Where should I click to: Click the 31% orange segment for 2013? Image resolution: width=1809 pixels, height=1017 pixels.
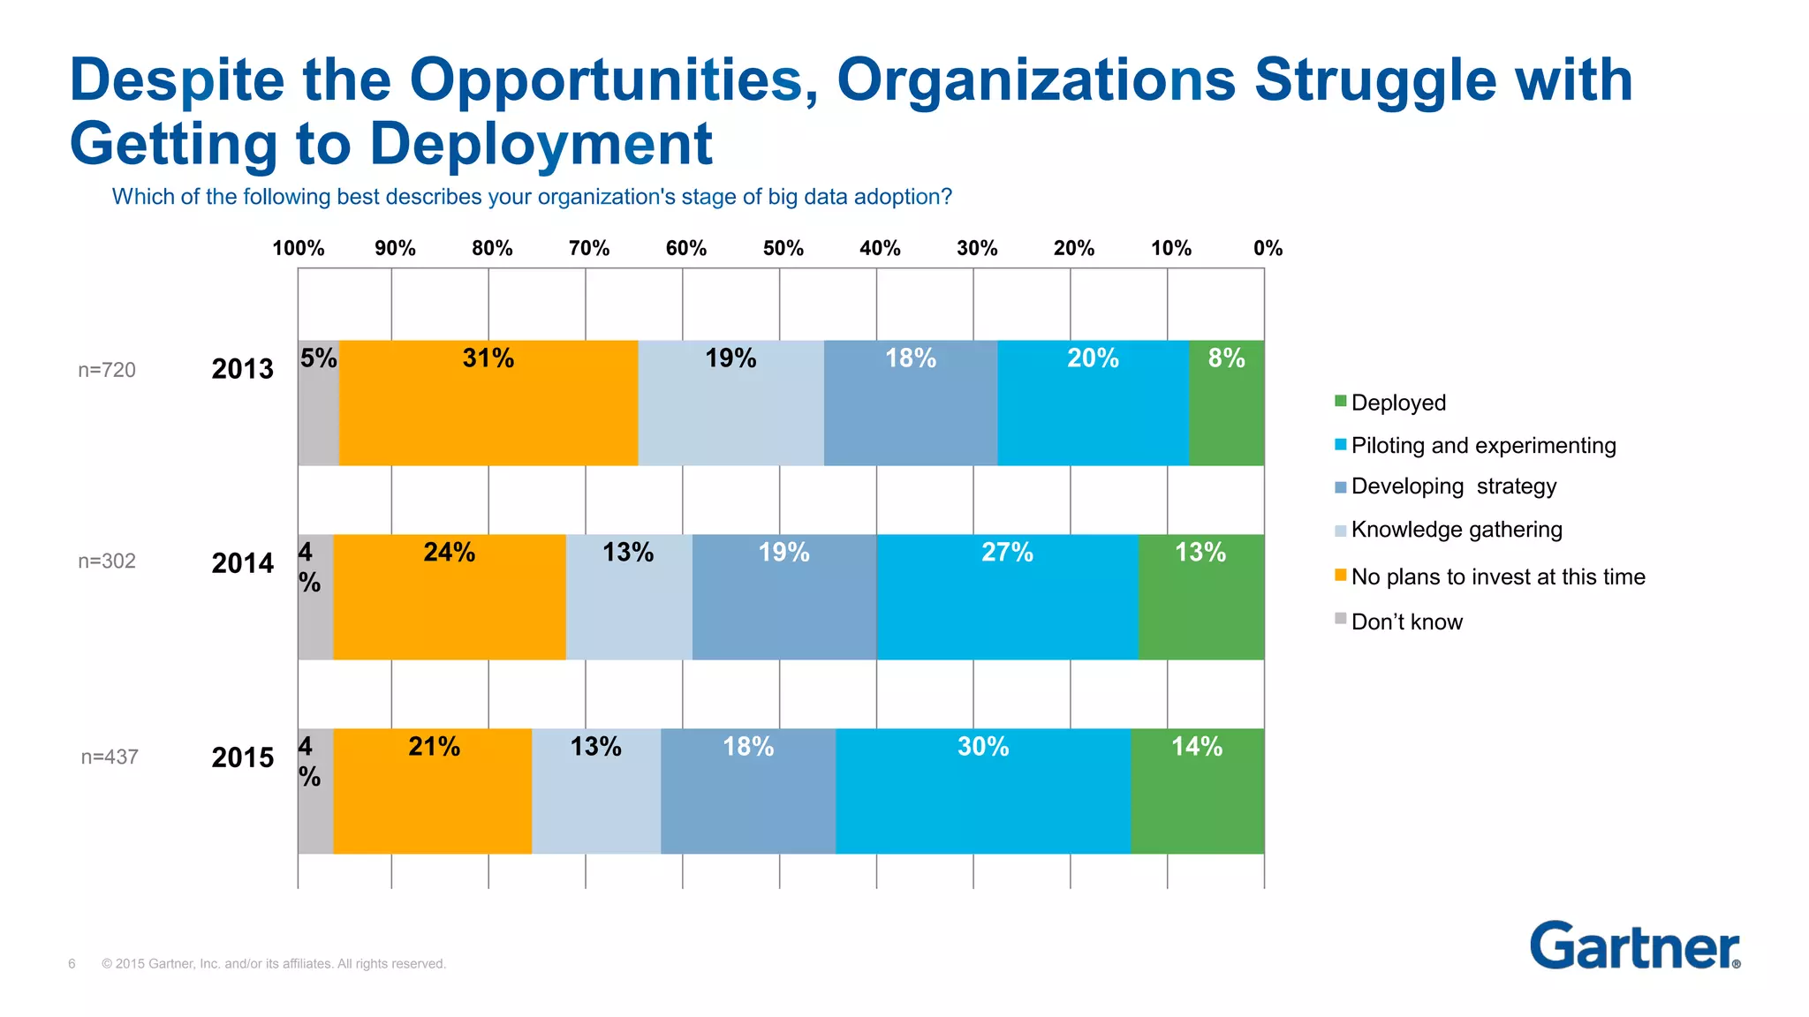pos(488,403)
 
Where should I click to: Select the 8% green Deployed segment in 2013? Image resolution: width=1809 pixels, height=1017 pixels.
pos(1226,403)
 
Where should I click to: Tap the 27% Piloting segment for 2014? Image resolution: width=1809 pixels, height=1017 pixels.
pos(1007,597)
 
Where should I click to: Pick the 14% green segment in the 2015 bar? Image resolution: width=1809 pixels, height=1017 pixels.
pos(1197,791)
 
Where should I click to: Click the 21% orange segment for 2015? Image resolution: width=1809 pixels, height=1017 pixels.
pos(433,791)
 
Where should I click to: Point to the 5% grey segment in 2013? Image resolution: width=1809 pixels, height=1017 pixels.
pos(318,403)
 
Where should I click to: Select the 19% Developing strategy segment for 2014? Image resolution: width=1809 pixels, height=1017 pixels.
pos(784,597)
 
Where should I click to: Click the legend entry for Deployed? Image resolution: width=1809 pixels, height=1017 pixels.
pos(1398,403)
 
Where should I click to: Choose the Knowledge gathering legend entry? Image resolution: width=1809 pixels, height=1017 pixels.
pos(1456,530)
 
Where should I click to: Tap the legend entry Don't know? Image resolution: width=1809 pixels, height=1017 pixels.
pos(1406,621)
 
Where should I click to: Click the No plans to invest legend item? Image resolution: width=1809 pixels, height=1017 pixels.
pos(1497,576)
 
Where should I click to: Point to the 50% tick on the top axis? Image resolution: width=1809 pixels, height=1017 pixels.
pos(783,248)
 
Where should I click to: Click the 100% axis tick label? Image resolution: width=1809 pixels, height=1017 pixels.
pos(299,248)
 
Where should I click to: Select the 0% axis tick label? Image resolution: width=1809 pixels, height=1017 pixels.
pos(1268,248)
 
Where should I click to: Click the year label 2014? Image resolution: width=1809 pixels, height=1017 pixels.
pos(243,563)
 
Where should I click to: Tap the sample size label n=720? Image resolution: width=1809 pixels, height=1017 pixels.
pos(107,370)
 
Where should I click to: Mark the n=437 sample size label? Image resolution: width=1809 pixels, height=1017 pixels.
pos(110,757)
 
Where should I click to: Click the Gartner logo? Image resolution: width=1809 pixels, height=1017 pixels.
pos(1634,945)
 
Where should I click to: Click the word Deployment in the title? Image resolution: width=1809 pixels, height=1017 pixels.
pos(541,144)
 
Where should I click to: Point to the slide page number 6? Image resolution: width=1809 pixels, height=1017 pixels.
pos(72,963)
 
